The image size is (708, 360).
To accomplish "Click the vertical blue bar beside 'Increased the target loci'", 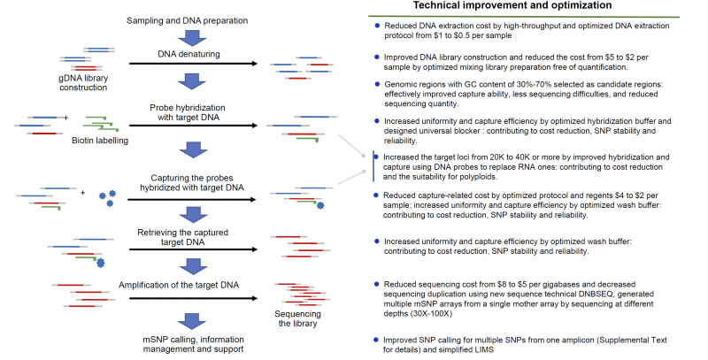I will pyautogui.click(x=373, y=165).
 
